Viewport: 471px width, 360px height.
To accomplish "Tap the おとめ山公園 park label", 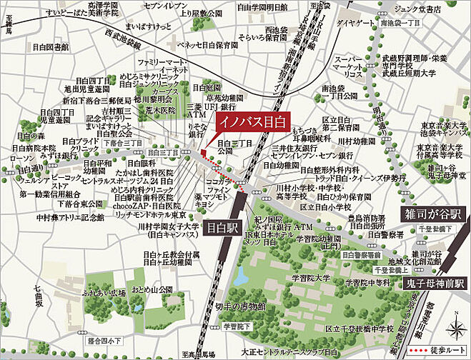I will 152,289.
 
